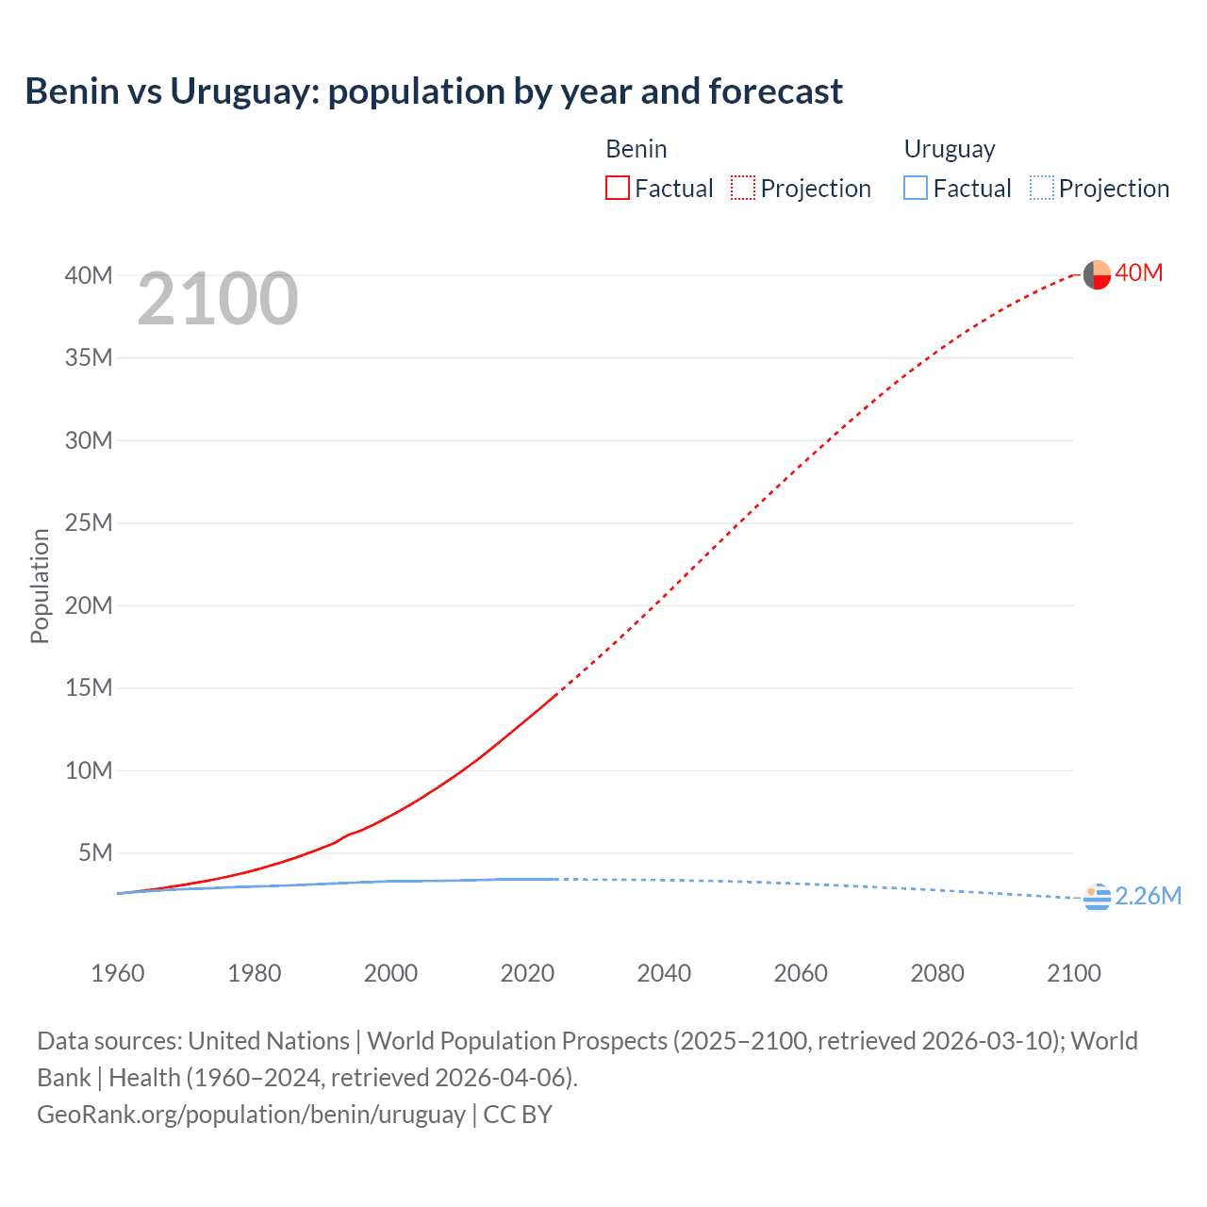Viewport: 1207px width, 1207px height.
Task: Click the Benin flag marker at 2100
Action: (1097, 274)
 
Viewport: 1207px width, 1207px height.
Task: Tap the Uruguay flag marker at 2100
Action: (1097, 898)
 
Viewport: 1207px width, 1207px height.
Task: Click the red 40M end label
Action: (1139, 273)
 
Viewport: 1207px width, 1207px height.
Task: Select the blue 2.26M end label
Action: (1149, 896)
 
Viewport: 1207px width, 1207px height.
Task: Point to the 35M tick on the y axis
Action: (89, 358)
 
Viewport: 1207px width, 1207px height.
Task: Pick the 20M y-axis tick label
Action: (89, 605)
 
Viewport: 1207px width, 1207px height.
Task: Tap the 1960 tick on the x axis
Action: (118, 973)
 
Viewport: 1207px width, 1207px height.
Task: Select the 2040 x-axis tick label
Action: (664, 973)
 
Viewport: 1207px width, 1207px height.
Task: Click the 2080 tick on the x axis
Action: (937, 973)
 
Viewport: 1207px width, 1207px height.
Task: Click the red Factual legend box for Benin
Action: (618, 189)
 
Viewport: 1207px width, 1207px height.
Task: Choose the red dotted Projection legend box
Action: (743, 189)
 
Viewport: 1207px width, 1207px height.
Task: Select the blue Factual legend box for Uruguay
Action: (916, 189)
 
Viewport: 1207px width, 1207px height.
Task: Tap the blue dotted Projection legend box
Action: (1041, 189)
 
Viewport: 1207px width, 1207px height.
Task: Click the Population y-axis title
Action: (40, 586)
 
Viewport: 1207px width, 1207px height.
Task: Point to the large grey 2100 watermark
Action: (218, 299)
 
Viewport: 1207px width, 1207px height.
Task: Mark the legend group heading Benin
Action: (637, 149)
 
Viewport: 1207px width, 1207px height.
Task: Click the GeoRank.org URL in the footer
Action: (251, 1115)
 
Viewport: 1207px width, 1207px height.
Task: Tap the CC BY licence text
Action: (518, 1115)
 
